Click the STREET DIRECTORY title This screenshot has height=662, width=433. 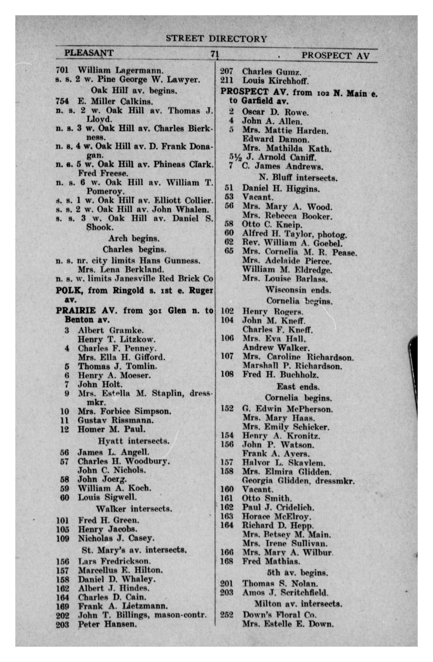216,39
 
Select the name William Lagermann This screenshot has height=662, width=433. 120,70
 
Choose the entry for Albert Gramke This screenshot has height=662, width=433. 111,330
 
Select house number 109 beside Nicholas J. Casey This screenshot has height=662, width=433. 63,539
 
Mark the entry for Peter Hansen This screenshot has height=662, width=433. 107,624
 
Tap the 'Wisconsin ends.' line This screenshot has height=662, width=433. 298,290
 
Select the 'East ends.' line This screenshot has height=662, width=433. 298,387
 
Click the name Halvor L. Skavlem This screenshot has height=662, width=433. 283,463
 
